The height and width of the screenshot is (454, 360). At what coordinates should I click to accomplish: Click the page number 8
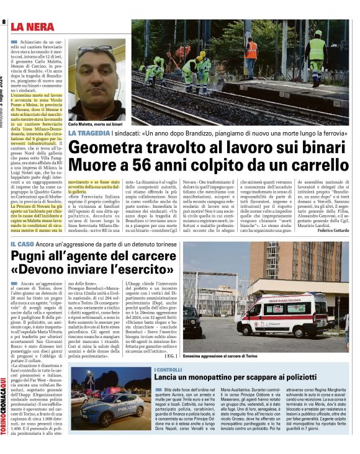click(4, 22)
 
